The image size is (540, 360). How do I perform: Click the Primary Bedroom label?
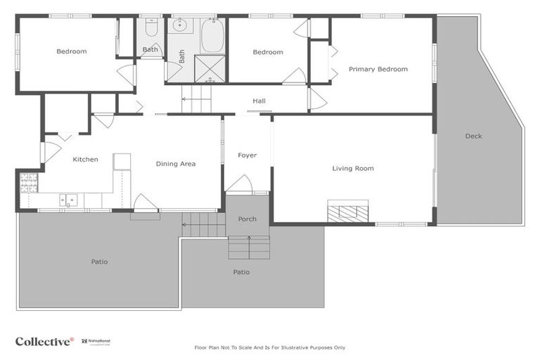click(x=378, y=69)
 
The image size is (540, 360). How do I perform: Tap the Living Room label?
click(x=353, y=168)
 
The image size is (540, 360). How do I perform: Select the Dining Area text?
click(x=175, y=164)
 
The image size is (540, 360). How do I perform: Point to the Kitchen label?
click(x=85, y=160)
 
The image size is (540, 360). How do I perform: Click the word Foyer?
click(x=247, y=155)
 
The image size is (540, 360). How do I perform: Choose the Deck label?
click(x=473, y=136)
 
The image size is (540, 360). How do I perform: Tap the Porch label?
click(x=247, y=219)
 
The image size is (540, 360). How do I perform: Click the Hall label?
click(x=259, y=101)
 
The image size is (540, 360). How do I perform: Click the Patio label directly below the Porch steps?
click(x=241, y=272)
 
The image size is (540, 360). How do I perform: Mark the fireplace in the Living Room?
click(x=347, y=211)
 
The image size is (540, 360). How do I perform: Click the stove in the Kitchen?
click(x=28, y=183)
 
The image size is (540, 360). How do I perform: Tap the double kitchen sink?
click(x=68, y=200)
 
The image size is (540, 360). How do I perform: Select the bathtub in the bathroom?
click(x=212, y=36)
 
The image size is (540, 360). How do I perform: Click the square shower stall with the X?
click(x=209, y=69)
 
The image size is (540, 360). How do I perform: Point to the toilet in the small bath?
click(x=151, y=28)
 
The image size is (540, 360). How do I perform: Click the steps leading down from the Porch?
click(x=249, y=247)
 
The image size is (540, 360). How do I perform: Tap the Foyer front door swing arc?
click(x=239, y=184)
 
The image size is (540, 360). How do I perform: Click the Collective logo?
click(x=44, y=341)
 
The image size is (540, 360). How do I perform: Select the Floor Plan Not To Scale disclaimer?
click(x=269, y=347)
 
